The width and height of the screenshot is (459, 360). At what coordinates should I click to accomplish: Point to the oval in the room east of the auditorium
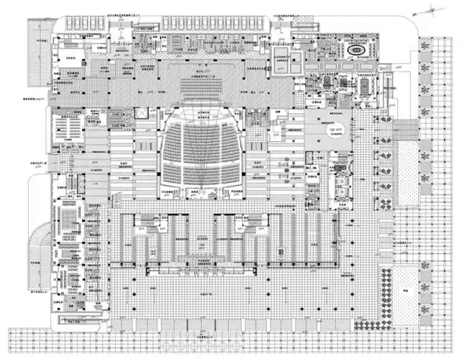337,128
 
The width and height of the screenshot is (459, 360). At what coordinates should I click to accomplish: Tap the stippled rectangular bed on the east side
407,166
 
